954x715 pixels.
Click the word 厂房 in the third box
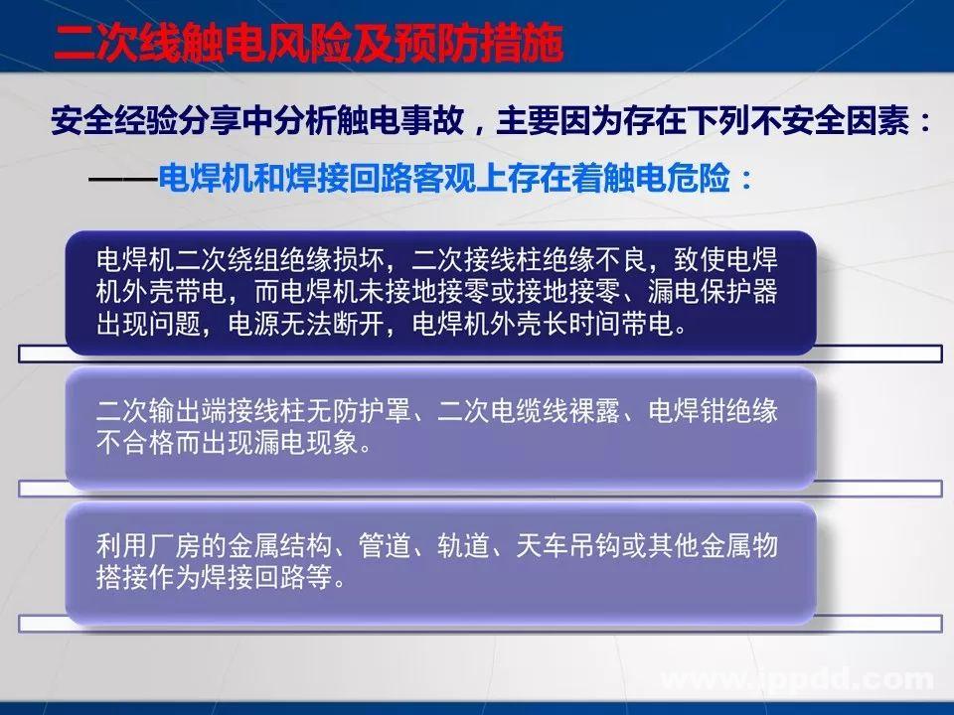click(197, 544)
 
